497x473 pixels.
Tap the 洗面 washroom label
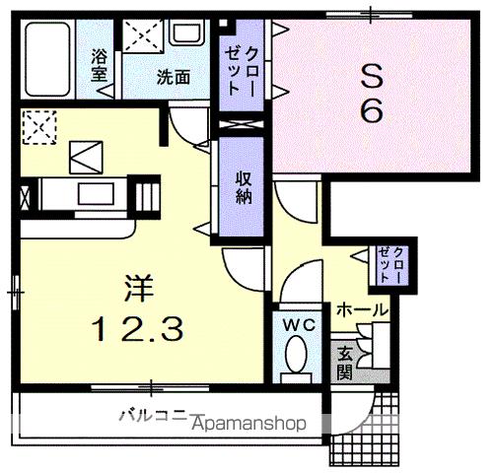171,76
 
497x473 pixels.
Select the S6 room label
370,92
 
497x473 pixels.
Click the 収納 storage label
243,186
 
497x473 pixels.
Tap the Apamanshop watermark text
254,424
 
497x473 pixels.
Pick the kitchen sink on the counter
97,193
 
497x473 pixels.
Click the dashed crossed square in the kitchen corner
38,126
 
